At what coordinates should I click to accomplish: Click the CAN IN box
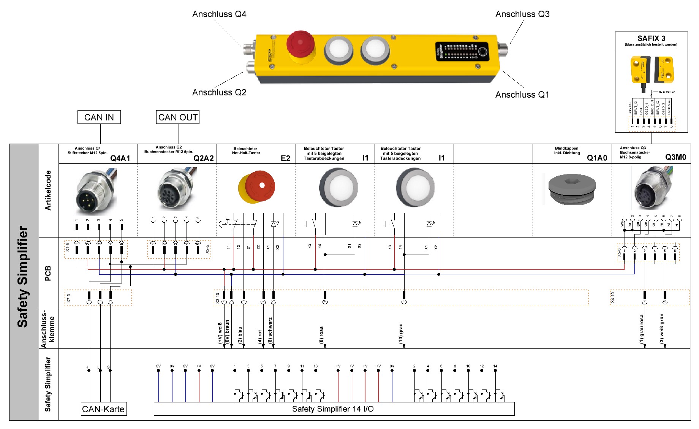[x=99, y=117]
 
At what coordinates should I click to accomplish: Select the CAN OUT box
[x=178, y=117]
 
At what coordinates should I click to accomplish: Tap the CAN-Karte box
[x=103, y=409]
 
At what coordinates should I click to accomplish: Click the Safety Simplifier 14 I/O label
[x=333, y=409]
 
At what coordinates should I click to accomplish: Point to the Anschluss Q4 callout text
[x=219, y=14]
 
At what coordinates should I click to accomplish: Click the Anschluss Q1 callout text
[x=522, y=95]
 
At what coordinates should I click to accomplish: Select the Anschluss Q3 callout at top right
[x=522, y=14]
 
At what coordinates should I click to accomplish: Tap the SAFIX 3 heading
[x=651, y=38]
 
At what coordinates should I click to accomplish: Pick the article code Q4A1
[x=120, y=158]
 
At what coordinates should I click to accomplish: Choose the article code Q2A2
[x=204, y=158]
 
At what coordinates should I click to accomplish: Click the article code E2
[x=285, y=158]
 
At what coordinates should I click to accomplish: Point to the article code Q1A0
[x=597, y=158]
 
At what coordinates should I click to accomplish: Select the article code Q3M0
[x=675, y=157]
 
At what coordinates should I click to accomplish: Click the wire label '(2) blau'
[x=240, y=335]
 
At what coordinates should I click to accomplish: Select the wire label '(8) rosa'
[x=321, y=335]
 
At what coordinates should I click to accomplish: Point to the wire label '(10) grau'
[x=401, y=334]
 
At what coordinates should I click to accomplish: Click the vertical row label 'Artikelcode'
[x=48, y=190]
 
